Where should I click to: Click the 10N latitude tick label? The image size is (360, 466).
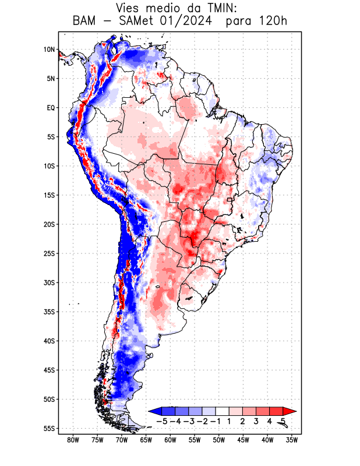pyautogui.click(x=49, y=50)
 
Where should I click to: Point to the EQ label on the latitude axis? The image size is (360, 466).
pyautogui.click(x=50, y=108)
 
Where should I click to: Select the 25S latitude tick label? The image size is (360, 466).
pyautogui.click(x=49, y=253)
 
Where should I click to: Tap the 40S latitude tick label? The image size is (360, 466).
pyautogui.click(x=49, y=341)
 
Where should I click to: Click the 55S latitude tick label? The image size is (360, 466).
pyautogui.click(x=49, y=428)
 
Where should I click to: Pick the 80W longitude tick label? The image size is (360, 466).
pyautogui.click(x=73, y=440)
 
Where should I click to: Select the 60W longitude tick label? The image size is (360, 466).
pyautogui.click(x=170, y=440)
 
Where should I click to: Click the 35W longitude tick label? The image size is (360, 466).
pyautogui.click(x=292, y=440)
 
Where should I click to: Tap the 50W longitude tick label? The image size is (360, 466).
pyautogui.click(x=219, y=440)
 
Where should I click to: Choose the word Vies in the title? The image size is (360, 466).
pyautogui.click(x=129, y=8)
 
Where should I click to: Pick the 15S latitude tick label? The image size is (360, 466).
pyautogui.click(x=49, y=195)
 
